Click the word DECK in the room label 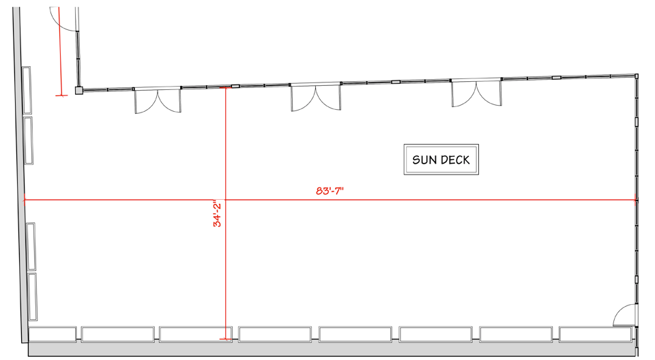coord(456,161)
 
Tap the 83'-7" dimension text coord(330,191)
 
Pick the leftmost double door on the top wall coord(158,100)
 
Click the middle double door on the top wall coord(316,97)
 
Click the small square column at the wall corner coord(79,90)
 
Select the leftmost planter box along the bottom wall coord(53,335)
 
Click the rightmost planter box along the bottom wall coord(596,335)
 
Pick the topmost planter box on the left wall coord(27,90)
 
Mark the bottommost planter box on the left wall coord(33,296)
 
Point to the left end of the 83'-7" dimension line coord(25,200)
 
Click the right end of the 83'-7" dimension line coord(635,200)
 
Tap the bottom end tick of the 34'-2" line coord(225,338)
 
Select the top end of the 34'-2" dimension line coord(225,88)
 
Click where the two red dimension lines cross coord(225,200)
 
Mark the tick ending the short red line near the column coord(61,95)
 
